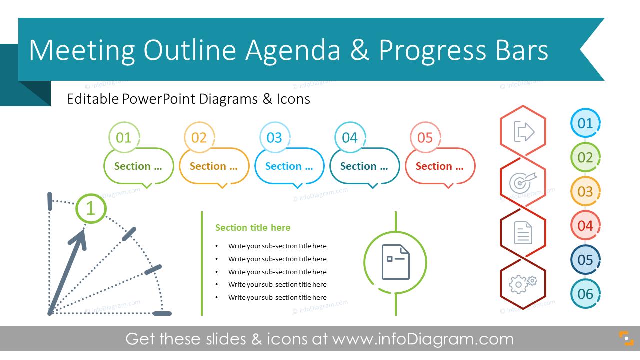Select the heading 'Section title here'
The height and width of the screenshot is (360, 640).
[x=253, y=227]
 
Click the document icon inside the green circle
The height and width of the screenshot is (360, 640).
[x=395, y=262]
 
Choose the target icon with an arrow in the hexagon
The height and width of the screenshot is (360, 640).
[x=523, y=182]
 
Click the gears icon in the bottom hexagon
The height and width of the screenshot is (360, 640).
[x=523, y=284]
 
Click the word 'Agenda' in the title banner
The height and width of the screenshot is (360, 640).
[x=293, y=51]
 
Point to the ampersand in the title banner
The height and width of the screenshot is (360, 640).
[x=360, y=50]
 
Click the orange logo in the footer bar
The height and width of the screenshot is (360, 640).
[x=626, y=338]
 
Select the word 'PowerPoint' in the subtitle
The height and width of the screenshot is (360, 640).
[x=158, y=99]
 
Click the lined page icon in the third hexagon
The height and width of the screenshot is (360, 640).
[x=523, y=233]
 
